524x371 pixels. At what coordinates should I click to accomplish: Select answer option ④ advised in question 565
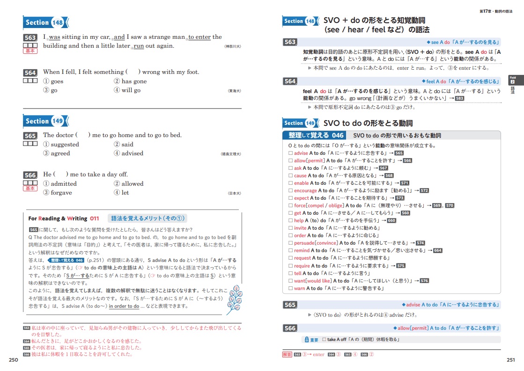pos(129,153)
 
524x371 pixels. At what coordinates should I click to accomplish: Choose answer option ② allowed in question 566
pos(129,184)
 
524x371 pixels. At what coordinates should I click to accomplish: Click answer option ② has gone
pos(130,81)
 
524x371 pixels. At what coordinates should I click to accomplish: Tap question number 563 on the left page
pos(30,38)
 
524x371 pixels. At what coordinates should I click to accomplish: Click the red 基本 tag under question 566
pos(30,189)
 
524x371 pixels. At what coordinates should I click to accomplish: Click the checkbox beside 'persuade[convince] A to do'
pos(291,243)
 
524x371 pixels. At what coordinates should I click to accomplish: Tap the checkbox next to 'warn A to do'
pos(291,289)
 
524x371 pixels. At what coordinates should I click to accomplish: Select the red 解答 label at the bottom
pos(288,355)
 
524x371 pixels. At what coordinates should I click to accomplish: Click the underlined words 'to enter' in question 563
pos(199,37)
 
